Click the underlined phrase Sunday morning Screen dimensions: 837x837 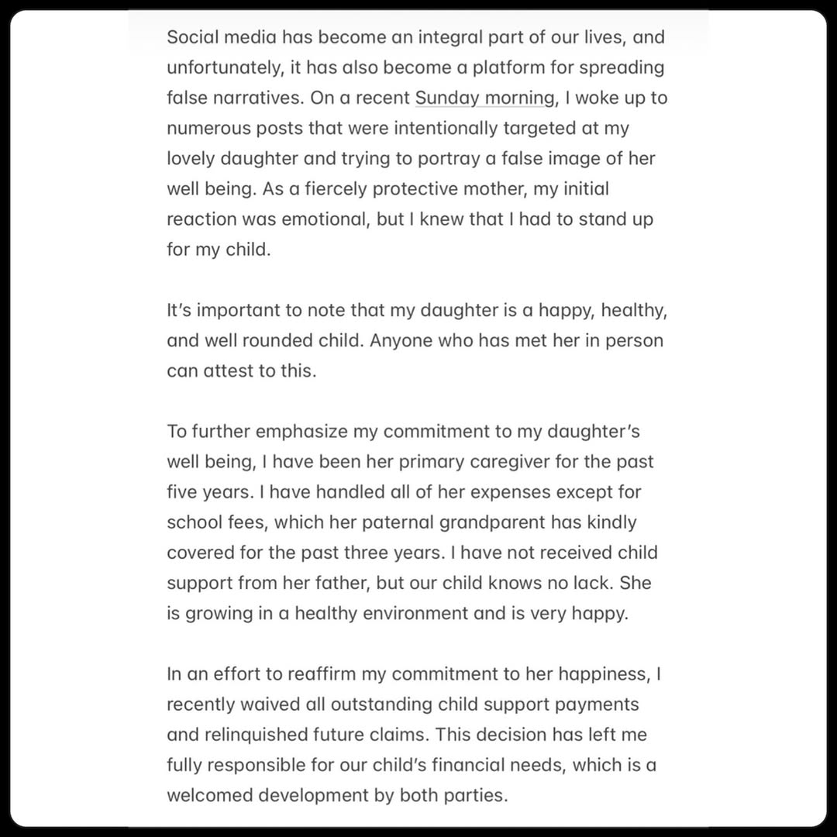pyautogui.click(x=485, y=98)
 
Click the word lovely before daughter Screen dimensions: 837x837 pyautogui.click(x=190, y=158)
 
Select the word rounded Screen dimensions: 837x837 pyautogui.click(x=263, y=340)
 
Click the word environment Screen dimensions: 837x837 pyautogui.click(x=397, y=613)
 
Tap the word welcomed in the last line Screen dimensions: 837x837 pyautogui.click(x=212, y=795)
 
